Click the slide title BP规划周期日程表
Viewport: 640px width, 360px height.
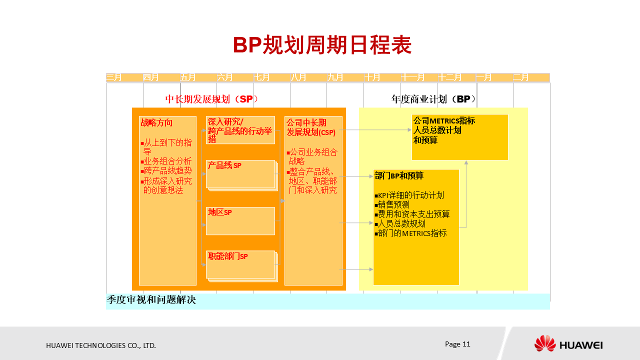[x=322, y=45]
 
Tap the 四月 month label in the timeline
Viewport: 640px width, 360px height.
[x=150, y=77]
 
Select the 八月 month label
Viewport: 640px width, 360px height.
[x=298, y=77]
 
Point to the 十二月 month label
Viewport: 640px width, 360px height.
[x=449, y=77]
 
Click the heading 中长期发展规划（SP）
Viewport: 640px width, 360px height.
[x=211, y=99]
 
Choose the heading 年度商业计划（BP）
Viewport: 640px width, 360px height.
[x=433, y=99]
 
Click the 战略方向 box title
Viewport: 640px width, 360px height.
[x=156, y=122]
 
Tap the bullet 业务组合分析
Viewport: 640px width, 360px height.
[x=167, y=161]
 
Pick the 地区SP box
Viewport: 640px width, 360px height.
[x=240, y=220]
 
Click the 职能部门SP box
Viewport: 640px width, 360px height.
[x=240, y=264]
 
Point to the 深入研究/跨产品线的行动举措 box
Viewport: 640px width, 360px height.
[x=240, y=130]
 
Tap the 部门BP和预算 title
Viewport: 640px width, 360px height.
[x=398, y=175]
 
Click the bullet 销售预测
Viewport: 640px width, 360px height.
[x=393, y=204]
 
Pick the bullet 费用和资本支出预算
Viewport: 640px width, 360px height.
[x=413, y=214]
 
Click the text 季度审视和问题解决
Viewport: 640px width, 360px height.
[x=151, y=300]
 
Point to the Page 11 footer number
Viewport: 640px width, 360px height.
[x=457, y=344]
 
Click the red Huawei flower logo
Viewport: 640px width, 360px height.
[x=544, y=343]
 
